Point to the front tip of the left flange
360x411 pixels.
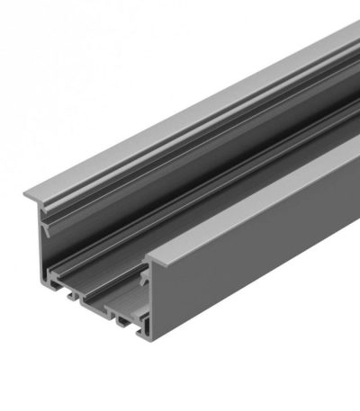tap(24, 195)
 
